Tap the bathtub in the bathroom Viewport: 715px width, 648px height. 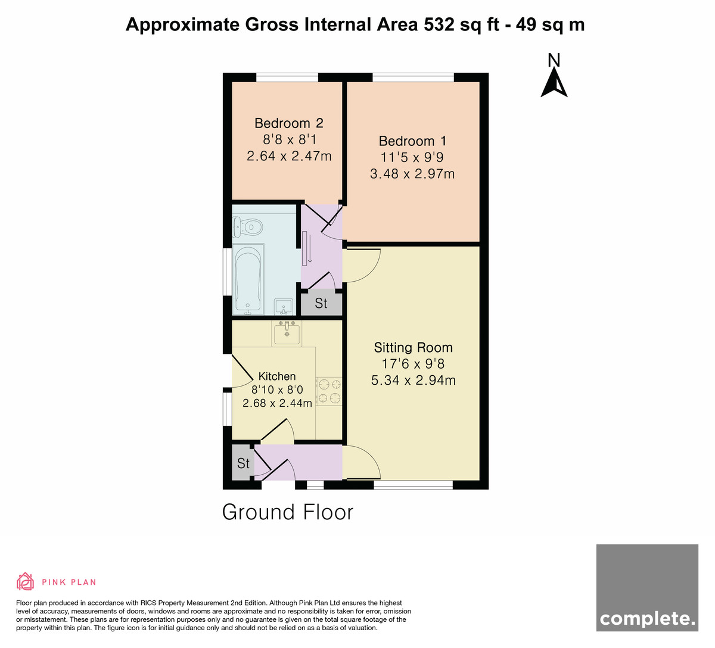coord(248,279)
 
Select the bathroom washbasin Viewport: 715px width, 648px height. coord(284,307)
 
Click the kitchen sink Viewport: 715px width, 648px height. coord(287,334)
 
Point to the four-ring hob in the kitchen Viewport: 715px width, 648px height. coord(329,391)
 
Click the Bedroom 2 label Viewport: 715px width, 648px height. coord(289,123)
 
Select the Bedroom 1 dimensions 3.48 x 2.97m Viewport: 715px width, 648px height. coord(412,174)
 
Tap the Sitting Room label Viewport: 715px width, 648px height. coord(413,347)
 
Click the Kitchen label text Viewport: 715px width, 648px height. coord(277,376)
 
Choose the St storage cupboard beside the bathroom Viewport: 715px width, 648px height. coord(321,304)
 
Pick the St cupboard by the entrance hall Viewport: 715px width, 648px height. coord(243,463)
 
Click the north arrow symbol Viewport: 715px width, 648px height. coord(554,83)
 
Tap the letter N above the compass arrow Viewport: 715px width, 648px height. coord(554,60)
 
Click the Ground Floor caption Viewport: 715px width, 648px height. coord(288,512)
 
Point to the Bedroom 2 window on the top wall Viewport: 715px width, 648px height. coord(287,77)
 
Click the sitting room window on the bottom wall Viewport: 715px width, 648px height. coord(413,485)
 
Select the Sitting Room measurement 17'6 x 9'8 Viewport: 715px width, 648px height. coord(413,364)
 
